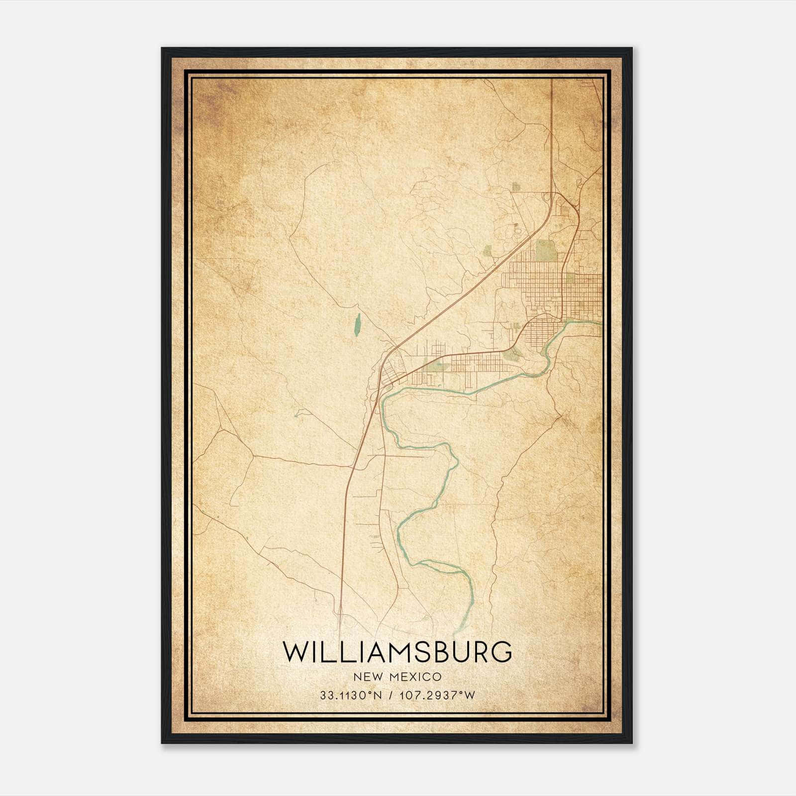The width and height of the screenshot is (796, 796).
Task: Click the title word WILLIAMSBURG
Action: pos(398,652)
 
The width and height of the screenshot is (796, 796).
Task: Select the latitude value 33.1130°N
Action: pos(351,696)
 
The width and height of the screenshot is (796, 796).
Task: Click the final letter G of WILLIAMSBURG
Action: pos(502,652)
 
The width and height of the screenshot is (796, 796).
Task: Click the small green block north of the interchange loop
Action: pos(515,187)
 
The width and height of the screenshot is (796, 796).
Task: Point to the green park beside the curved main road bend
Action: pos(511,354)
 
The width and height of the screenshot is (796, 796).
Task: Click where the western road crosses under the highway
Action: pos(354,467)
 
